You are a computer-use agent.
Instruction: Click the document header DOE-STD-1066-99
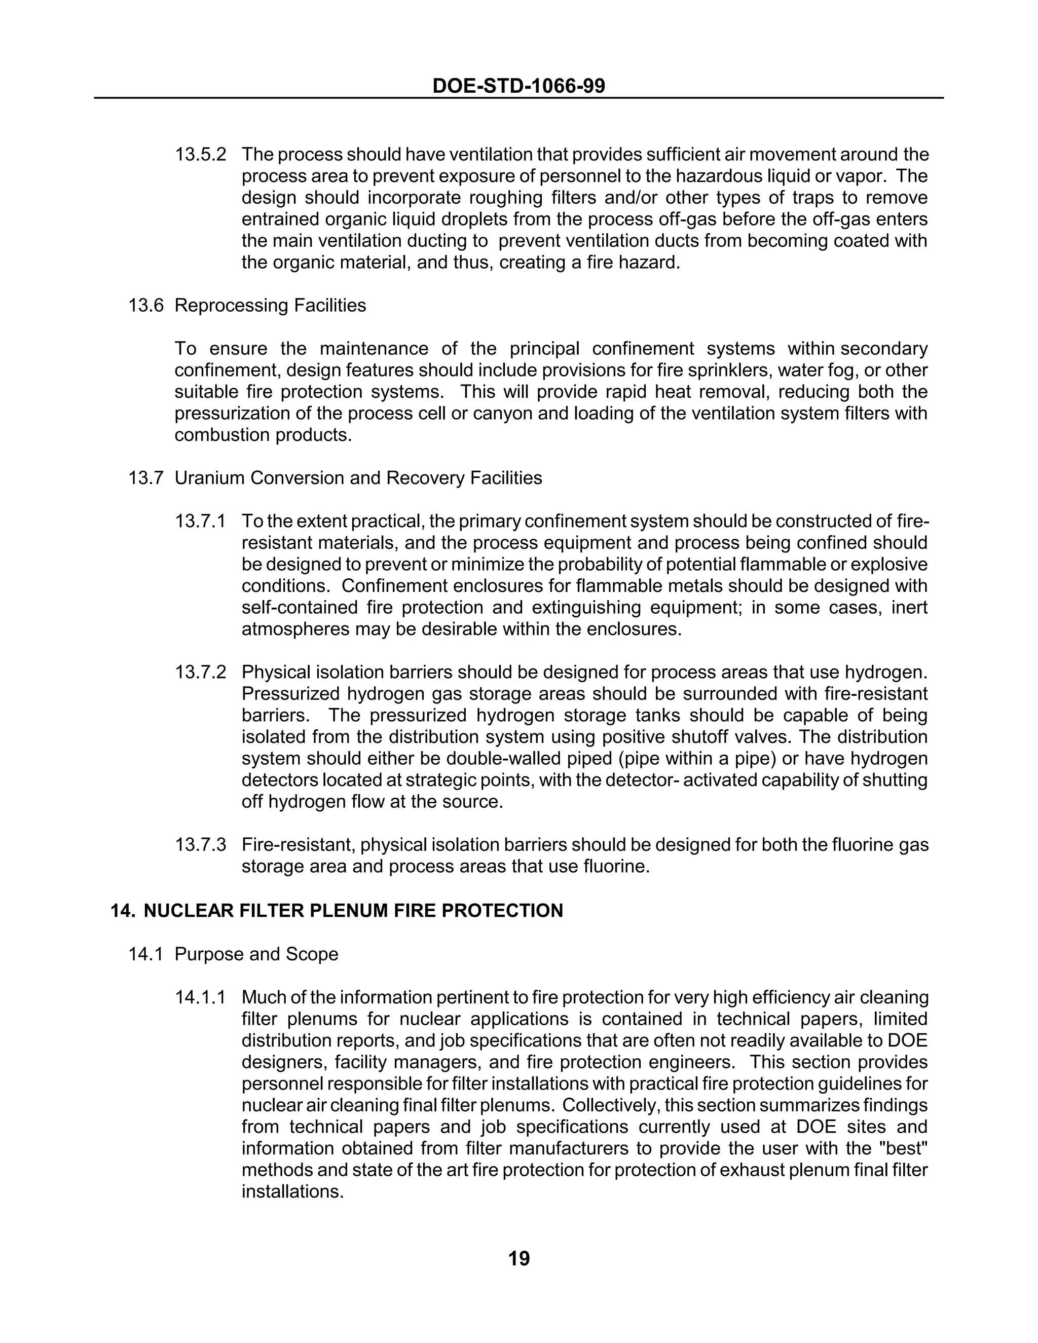click(x=518, y=86)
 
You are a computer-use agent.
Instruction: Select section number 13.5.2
click(x=201, y=155)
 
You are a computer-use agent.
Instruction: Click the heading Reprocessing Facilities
click(x=270, y=306)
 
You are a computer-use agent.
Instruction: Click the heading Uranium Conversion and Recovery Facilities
click(x=358, y=478)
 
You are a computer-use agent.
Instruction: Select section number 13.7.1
click(x=201, y=521)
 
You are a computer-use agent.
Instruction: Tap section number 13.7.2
click(x=201, y=673)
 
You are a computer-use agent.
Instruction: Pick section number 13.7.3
click(x=201, y=845)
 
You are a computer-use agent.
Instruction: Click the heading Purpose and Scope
click(x=256, y=954)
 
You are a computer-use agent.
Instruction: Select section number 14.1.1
click(x=201, y=997)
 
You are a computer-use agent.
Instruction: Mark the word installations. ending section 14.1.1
click(x=292, y=1192)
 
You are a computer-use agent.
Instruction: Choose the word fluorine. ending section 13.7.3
click(x=617, y=867)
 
